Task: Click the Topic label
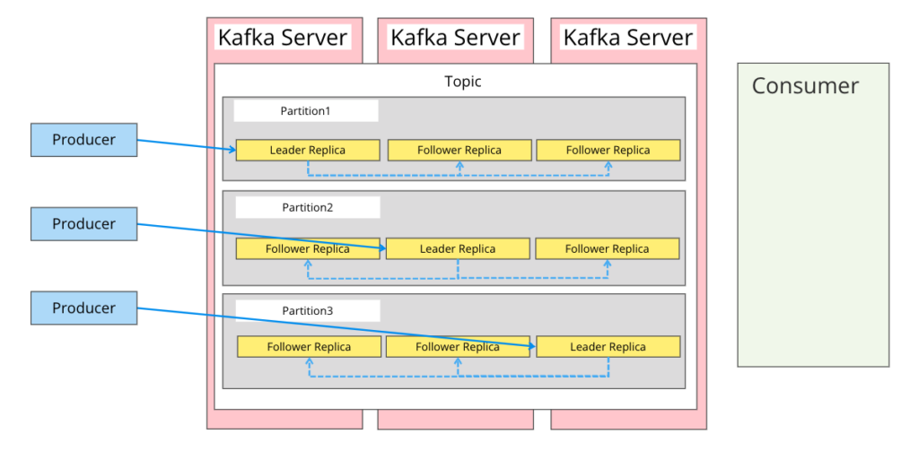coord(462,82)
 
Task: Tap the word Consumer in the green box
coord(805,86)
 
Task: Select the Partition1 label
coord(305,111)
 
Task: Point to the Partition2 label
coord(307,207)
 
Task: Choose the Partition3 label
coord(307,311)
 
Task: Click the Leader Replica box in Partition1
coord(308,150)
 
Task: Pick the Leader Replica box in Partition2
coord(458,248)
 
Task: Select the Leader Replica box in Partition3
coord(608,346)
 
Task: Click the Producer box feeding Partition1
coord(83,140)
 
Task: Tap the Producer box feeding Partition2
coord(83,224)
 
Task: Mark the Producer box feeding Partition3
coord(83,308)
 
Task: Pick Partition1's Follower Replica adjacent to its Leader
coord(459,150)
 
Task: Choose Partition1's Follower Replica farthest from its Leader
coord(608,150)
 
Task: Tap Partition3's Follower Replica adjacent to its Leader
coord(458,346)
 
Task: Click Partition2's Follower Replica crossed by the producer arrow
coord(307,248)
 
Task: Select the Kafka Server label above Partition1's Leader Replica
coord(283,38)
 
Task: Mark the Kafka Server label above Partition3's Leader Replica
coord(627,38)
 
